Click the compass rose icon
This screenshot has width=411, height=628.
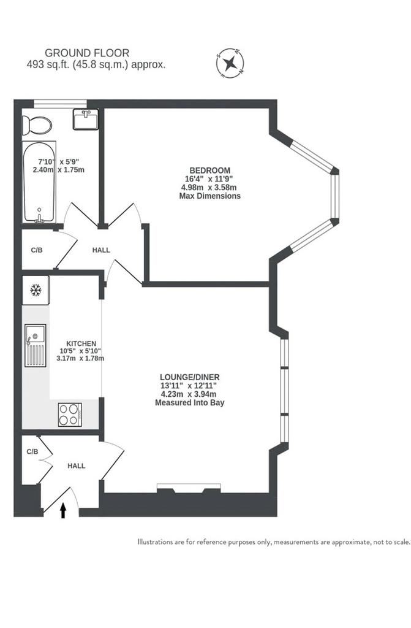(x=230, y=63)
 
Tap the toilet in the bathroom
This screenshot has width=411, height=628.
(x=37, y=125)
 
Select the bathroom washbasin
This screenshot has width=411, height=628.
(x=86, y=120)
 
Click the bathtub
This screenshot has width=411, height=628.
(x=39, y=182)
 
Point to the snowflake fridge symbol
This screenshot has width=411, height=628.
(x=36, y=289)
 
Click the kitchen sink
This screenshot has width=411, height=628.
(x=35, y=345)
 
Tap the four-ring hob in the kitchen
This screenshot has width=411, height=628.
(x=70, y=415)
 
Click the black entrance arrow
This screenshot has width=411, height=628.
(x=63, y=511)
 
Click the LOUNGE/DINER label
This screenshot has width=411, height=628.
(x=190, y=377)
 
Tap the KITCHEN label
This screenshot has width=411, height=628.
(x=81, y=343)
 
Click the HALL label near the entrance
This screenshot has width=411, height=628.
(x=77, y=466)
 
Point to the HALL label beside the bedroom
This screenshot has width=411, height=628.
(x=101, y=250)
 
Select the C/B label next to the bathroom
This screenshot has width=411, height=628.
(x=37, y=250)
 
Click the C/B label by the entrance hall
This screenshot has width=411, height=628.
(x=32, y=451)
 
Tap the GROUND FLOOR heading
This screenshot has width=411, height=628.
(x=87, y=53)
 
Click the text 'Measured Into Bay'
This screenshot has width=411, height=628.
(x=190, y=402)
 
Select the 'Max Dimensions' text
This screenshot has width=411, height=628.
(x=209, y=196)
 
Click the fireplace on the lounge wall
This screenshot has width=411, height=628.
(x=189, y=488)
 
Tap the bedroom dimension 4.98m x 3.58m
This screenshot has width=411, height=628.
(x=208, y=187)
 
